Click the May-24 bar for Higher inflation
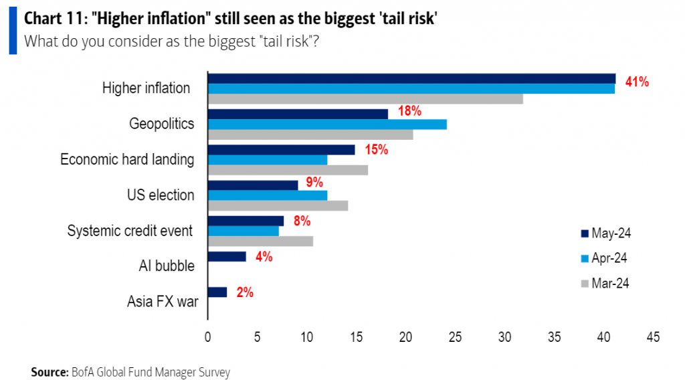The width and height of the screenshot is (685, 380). [411, 78]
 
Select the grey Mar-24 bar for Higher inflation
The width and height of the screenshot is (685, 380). [365, 99]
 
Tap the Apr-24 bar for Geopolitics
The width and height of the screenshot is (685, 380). [327, 124]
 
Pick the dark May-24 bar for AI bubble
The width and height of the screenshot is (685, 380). [227, 256]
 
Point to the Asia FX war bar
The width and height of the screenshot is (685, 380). [217, 292]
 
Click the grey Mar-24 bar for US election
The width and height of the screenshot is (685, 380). [278, 205]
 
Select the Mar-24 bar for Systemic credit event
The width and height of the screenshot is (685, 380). [260, 241]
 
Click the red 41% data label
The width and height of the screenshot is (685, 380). [637, 82]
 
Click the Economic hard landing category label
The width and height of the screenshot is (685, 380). [127, 160]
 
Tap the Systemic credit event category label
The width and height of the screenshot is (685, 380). [130, 231]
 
